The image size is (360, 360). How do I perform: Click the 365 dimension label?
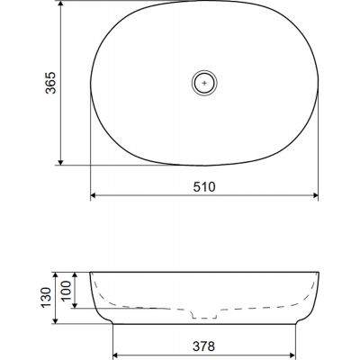click(50, 83)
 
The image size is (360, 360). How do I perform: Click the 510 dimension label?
click(204, 187)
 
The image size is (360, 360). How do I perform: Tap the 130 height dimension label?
click(47, 298)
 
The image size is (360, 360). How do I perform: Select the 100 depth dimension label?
click(67, 291)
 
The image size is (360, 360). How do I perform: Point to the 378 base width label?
click(204, 346)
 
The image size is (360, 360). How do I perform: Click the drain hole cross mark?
click(204, 83)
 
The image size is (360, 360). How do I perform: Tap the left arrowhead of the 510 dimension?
click(93, 195)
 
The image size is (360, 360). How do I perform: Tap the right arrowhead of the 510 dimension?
click(316, 195)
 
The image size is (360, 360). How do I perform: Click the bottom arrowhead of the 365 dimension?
click(60, 162)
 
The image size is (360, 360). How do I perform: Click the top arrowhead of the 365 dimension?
click(60, 4)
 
